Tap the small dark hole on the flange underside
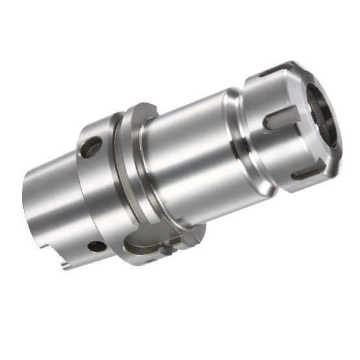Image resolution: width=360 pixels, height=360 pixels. coord(97,246)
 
